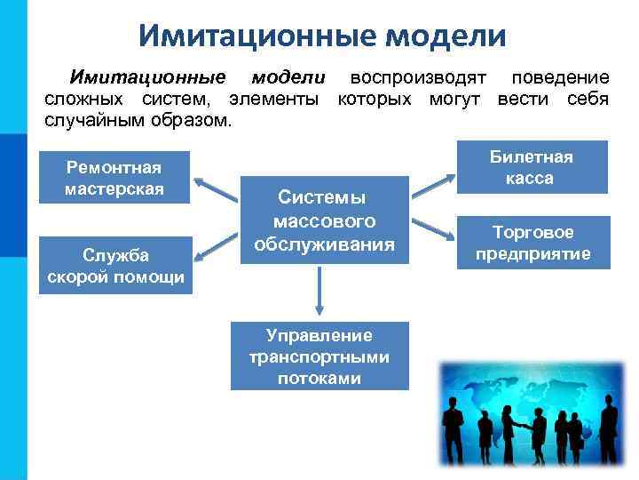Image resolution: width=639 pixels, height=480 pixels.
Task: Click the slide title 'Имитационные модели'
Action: [322, 36]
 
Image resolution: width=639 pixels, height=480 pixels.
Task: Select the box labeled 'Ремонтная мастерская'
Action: [114, 178]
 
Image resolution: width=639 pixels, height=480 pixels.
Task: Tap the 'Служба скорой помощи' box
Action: [115, 266]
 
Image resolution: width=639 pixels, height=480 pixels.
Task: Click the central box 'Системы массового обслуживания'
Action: [324, 219]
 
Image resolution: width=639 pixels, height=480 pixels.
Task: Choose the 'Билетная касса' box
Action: [531, 167]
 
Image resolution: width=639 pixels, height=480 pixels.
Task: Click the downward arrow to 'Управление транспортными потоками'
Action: [319, 291]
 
